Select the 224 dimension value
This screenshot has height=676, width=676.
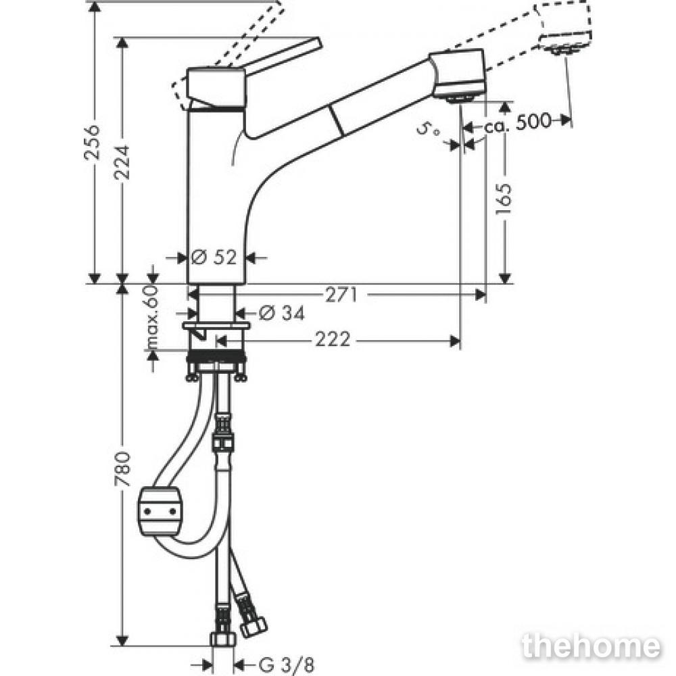(122, 162)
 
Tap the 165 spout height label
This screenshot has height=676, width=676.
(504, 201)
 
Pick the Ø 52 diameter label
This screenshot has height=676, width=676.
(214, 258)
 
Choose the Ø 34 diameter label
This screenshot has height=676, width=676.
(283, 312)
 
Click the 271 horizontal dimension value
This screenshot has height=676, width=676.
(341, 295)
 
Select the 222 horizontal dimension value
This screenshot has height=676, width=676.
(333, 340)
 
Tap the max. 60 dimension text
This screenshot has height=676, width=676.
(153, 316)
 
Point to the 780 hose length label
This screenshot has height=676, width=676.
(122, 468)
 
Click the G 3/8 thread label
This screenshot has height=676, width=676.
(286, 665)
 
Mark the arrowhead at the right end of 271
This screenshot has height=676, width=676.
(481, 295)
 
